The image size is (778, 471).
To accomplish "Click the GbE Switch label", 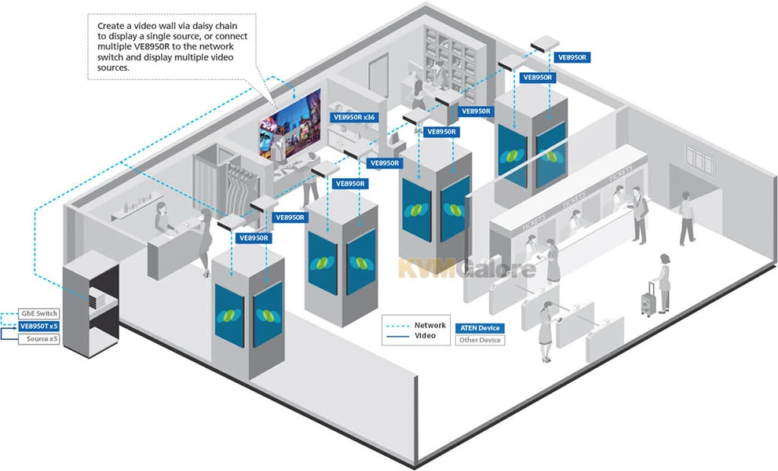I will click(x=38, y=314).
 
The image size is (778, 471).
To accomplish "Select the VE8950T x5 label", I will click(x=38, y=327).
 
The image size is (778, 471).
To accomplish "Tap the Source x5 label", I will click(x=38, y=339).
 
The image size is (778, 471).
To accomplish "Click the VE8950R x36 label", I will click(x=355, y=117).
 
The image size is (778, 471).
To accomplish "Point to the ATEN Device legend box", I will click(x=479, y=327).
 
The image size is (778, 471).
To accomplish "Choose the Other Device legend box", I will click(x=479, y=340).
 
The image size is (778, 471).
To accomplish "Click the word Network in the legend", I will click(x=430, y=325).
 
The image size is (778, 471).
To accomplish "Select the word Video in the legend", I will click(x=426, y=336).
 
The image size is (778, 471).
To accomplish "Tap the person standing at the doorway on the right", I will click(x=687, y=218).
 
